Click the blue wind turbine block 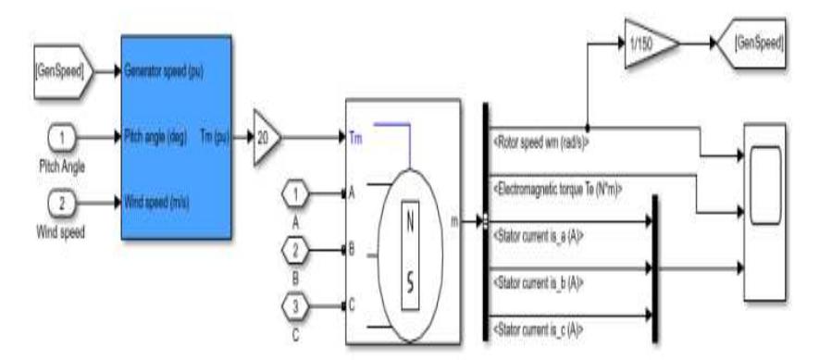[179, 136]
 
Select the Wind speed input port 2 [61, 201]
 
